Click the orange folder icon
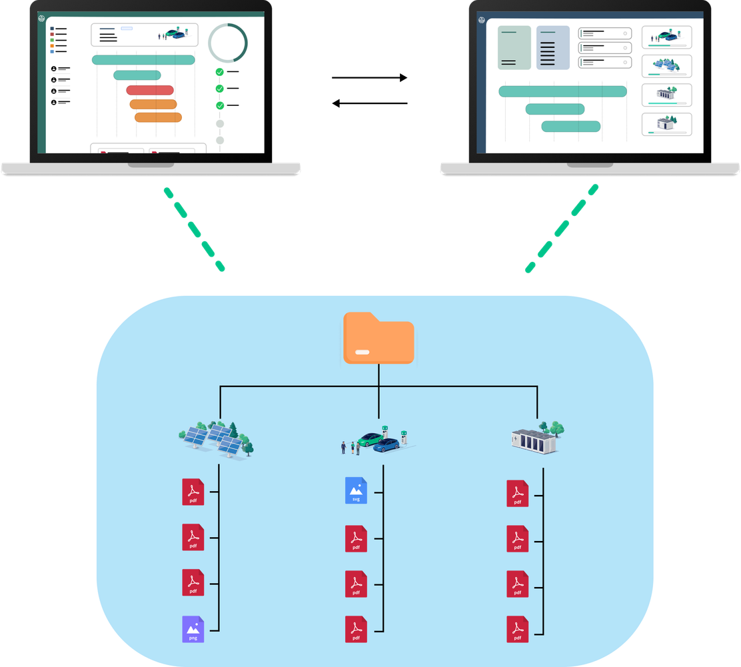pos(378,338)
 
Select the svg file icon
pos(356,491)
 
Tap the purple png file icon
pos(193,629)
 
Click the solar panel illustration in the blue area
pos(217,439)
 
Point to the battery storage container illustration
pos(537,438)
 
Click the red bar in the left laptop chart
pos(150,91)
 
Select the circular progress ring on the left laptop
pos(228,43)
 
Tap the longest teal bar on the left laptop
pos(143,60)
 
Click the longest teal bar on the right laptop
pos(562,91)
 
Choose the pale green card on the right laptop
pos(514,48)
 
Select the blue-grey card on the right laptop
pos(553,48)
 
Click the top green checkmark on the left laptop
pos(219,72)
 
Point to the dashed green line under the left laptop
pos(195,229)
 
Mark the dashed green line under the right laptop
pos(561,229)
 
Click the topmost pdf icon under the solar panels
pos(193,492)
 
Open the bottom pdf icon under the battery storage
pos(517,629)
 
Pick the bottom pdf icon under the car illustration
pos(356,629)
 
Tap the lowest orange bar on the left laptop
pos(158,117)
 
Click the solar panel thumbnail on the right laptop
pos(666,66)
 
